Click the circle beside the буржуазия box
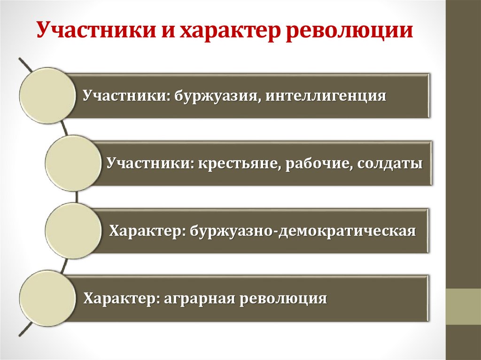(47, 96)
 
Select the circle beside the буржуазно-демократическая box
(73, 231)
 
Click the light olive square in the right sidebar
(463, 306)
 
